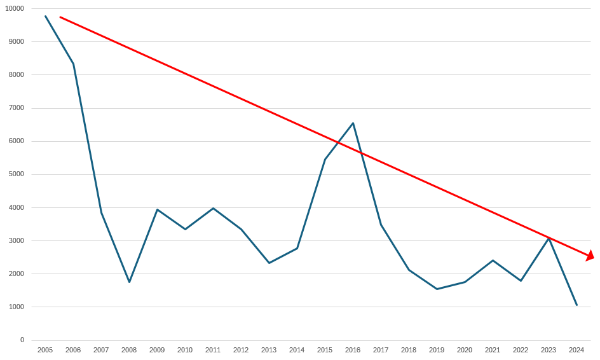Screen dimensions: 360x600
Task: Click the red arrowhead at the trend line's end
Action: point(590,256)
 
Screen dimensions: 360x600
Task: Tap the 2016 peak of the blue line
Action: point(353,123)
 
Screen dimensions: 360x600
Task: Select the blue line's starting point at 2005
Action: point(45,16)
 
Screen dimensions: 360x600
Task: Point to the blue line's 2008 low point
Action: point(129,282)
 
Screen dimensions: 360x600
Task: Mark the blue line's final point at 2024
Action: point(576,305)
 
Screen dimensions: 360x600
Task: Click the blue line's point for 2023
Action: point(549,238)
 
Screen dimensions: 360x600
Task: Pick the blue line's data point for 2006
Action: point(73,64)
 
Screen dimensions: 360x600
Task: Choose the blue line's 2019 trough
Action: point(437,289)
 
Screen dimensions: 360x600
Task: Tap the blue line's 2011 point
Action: point(213,208)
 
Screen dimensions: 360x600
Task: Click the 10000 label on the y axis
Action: point(14,8)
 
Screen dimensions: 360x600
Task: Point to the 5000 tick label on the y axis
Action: point(16,174)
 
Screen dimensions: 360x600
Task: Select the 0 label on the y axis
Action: point(22,340)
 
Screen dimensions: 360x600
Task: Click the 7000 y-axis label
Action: point(16,108)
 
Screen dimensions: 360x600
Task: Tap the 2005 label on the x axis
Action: point(45,350)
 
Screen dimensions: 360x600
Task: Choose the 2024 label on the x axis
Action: point(576,350)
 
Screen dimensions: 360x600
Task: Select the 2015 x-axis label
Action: point(325,350)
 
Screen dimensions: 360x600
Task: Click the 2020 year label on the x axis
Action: point(465,350)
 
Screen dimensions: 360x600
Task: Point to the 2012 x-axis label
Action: point(241,350)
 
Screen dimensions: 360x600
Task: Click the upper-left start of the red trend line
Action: point(60,17)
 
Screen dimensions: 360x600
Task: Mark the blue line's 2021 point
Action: point(493,260)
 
